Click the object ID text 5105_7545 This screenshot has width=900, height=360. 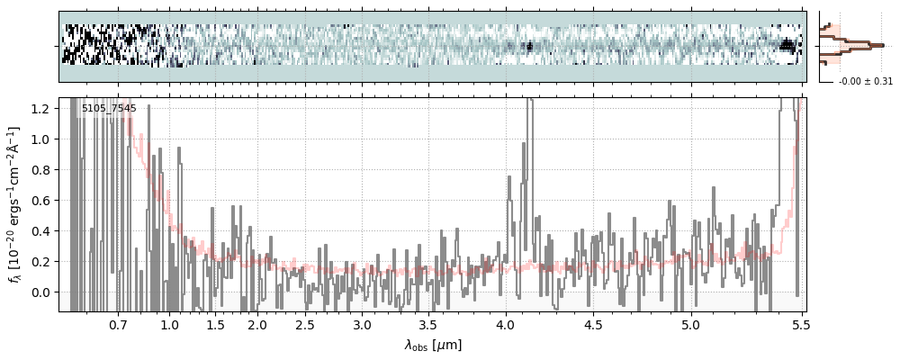(109, 109)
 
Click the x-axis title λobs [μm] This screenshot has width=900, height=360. (432, 345)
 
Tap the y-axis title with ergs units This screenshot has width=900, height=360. (15, 204)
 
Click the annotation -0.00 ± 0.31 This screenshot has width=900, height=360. (865, 82)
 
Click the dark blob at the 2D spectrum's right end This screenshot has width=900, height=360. (789, 45)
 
